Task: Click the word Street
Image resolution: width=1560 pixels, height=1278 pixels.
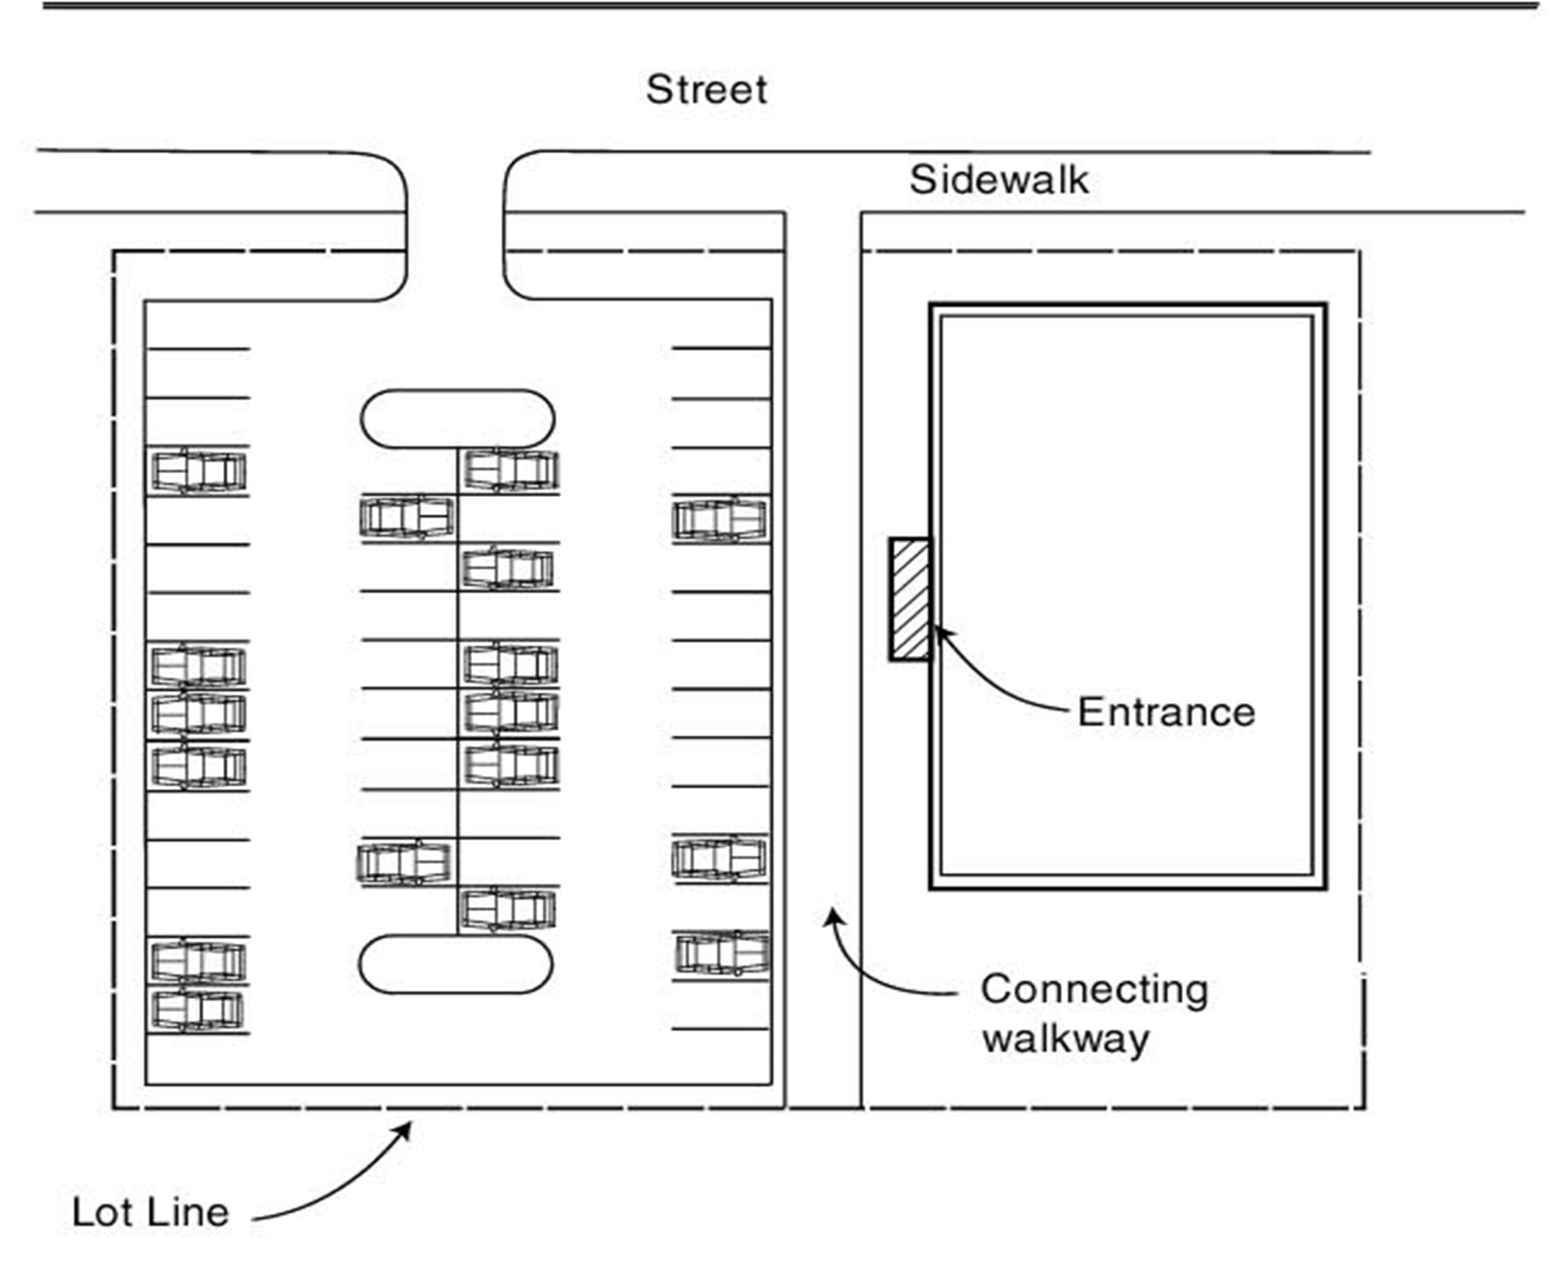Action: (x=706, y=89)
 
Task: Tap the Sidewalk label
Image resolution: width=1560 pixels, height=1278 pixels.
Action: (x=998, y=180)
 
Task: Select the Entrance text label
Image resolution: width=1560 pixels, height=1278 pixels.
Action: (x=1165, y=712)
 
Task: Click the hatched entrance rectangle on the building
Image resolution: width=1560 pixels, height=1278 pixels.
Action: (x=910, y=599)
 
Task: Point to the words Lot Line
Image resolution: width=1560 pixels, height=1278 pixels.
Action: (x=150, y=1212)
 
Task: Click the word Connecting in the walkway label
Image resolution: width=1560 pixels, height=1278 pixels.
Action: (x=1094, y=990)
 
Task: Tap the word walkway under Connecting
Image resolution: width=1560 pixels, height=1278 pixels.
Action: (x=1065, y=1040)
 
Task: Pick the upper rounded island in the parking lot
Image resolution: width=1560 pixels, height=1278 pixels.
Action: (x=457, y=419)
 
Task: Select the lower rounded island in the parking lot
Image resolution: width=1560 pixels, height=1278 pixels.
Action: (x=456, y=964)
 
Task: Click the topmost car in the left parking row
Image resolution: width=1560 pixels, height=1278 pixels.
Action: (x=199, y=471)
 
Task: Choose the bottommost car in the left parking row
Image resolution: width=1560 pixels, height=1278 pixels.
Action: (x=199, y=1009)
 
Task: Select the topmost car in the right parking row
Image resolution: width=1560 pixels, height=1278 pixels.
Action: (x=720, y=520)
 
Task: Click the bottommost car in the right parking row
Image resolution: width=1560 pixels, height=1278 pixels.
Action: (x=722, y=953)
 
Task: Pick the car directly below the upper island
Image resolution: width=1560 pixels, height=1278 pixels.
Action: (x=511, y=471)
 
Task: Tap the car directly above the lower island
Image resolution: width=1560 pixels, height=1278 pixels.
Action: (x=507, y=910)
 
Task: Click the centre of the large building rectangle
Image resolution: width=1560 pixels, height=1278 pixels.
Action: (x=1127, y=597)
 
